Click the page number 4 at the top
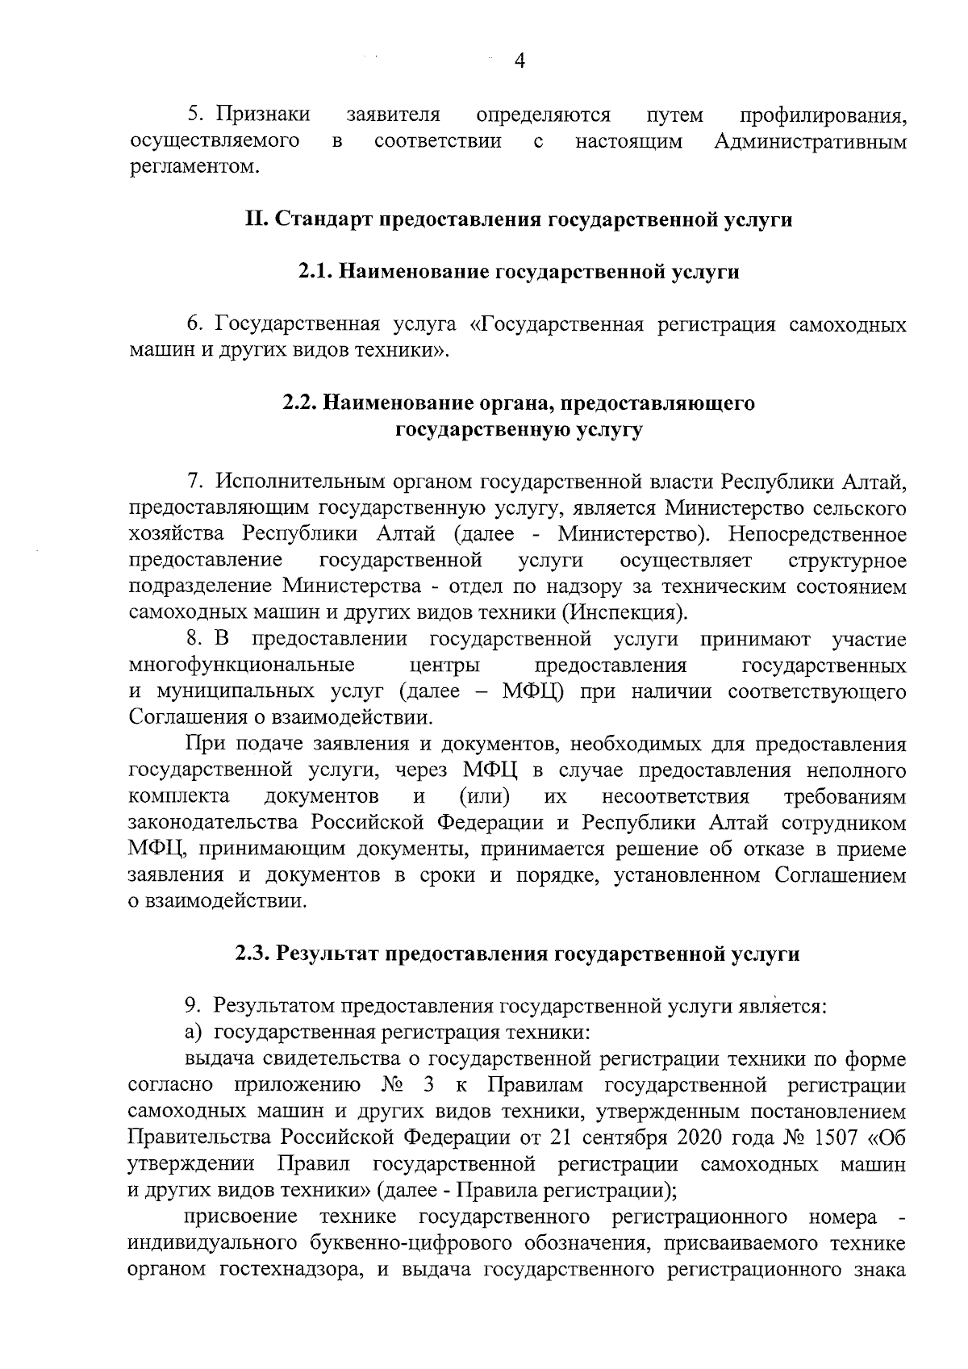pos(519,61)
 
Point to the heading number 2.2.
pos(299,403)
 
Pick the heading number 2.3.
pos(253,954)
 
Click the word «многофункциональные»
pos(242,666)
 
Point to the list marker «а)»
pos(196,1033)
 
